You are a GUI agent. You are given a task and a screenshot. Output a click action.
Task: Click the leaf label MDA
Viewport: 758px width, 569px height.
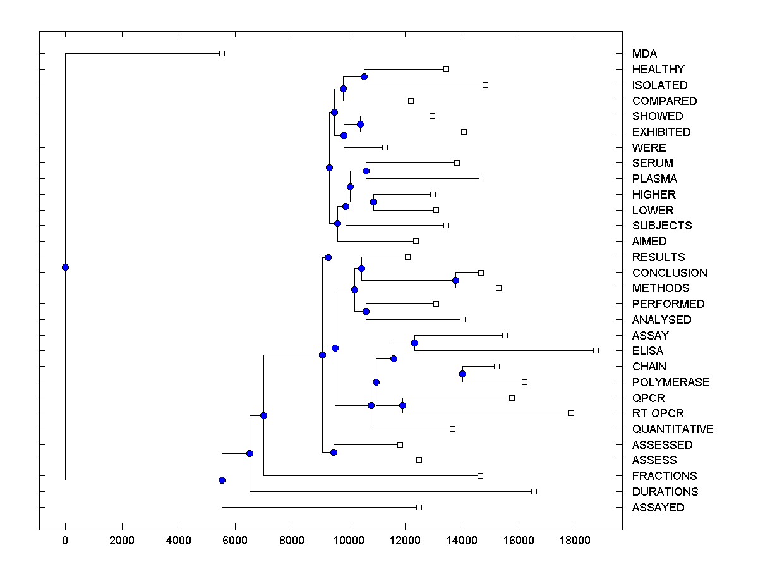(644, 54)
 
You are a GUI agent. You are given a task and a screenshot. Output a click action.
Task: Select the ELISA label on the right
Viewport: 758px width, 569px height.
(647, 351)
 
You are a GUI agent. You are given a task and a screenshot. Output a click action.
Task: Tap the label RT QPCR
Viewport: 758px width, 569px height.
(658, 413)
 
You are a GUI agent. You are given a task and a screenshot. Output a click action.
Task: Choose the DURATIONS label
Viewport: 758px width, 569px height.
(665, 492)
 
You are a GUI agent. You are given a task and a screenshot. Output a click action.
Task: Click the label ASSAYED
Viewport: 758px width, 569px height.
(658, 508)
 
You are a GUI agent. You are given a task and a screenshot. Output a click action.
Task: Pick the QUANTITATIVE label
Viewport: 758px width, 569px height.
(672, 429)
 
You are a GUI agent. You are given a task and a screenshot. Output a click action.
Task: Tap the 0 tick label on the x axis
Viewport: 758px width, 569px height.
(65, 541)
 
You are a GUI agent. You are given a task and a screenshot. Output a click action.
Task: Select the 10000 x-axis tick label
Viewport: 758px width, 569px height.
(348, 541)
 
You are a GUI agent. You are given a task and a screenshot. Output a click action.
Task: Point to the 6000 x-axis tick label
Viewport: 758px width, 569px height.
(235, 541)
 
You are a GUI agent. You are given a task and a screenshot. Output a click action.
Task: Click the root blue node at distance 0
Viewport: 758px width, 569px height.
(65, 267)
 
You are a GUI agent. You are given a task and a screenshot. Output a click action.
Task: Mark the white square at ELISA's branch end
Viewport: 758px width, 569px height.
(596, 350)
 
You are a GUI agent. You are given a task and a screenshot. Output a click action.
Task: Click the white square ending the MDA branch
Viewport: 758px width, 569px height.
(222, 53)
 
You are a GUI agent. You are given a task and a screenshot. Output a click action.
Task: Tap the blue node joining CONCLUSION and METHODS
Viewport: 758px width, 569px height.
(455, 280)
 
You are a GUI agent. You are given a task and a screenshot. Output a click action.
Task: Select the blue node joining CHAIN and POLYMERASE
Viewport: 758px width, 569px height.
(462, 374)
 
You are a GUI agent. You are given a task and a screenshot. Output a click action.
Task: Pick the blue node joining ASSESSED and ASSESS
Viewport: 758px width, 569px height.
(334, 452)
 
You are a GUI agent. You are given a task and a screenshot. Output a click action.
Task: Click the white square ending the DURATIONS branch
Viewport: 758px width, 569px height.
(534, 491)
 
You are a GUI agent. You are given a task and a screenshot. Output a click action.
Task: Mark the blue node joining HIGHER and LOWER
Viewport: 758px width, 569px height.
(373, 202)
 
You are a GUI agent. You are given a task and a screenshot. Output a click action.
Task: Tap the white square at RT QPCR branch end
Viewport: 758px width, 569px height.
(571, 413)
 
